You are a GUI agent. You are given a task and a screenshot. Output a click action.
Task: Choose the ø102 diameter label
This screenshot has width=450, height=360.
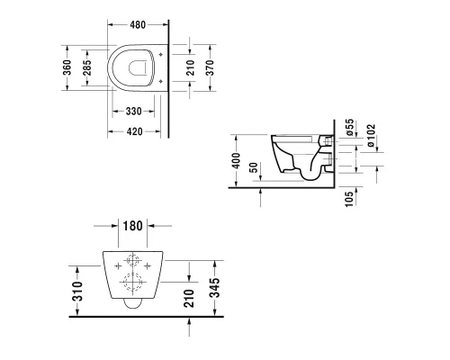click(370, 131)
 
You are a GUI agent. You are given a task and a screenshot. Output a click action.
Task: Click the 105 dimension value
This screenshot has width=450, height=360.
click(348, 200)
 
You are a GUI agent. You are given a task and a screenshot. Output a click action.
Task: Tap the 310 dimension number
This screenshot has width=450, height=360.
click(79, 289)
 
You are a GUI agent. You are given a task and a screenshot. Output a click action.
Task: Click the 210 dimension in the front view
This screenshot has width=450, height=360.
click(190, 295)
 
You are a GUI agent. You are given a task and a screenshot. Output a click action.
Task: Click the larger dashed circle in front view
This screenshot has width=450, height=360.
click(133, 285)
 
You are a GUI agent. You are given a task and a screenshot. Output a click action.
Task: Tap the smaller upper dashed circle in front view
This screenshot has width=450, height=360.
click(133, 264)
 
